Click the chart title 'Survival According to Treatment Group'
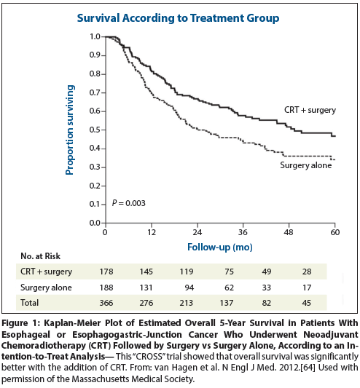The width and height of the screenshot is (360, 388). coord(180,17)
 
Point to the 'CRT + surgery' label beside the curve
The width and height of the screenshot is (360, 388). coord(310,110)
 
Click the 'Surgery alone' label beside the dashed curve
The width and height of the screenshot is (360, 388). coord(306,165)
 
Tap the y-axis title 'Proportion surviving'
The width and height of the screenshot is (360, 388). coord(70,129)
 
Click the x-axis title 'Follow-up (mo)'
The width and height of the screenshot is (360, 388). coord(220,247)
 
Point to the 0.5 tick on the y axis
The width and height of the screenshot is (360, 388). coord(95,130)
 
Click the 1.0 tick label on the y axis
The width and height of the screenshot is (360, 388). coord(95,36)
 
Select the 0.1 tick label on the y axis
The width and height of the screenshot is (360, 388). coord(95,204)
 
